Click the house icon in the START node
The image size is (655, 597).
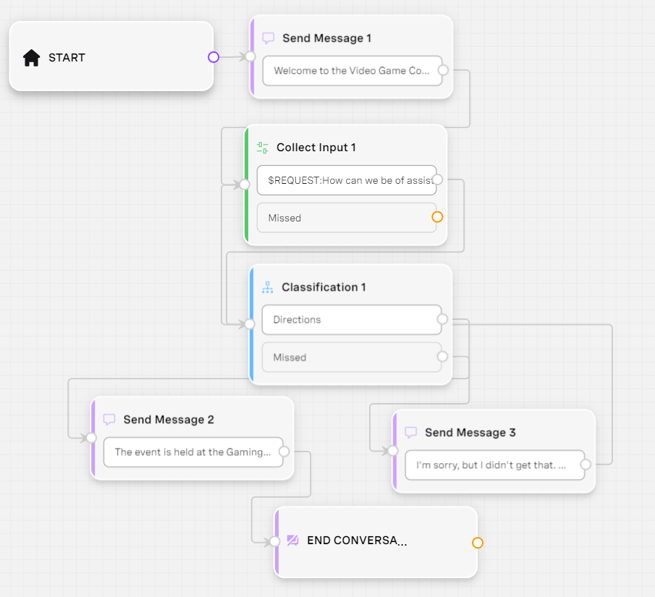point(31,58)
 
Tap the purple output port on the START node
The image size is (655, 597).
point(214,57)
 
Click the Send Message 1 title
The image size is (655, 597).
point(326,38)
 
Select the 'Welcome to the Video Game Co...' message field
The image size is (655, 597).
point(352,71)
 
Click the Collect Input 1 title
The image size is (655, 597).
point(316,148)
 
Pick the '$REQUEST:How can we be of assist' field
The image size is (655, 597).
point(347,180)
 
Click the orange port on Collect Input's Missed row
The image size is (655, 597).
point(437,217)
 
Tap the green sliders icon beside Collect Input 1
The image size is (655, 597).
point(262,148)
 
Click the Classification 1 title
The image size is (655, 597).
point(324,287)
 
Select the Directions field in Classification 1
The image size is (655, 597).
point(352,320)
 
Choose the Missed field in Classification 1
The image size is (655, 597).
point(352,357)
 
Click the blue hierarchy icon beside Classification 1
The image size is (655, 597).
point(267,287)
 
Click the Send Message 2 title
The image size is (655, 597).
point(169,420)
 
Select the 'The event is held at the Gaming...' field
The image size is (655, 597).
point(193,452)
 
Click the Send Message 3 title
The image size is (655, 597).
point(470,433)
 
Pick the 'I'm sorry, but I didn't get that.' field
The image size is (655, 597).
point(495,465)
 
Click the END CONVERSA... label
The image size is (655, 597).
point(357,541)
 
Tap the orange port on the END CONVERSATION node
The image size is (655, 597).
point(478,543)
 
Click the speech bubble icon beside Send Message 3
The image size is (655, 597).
point(411,433)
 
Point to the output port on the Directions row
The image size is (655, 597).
point(442,319)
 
